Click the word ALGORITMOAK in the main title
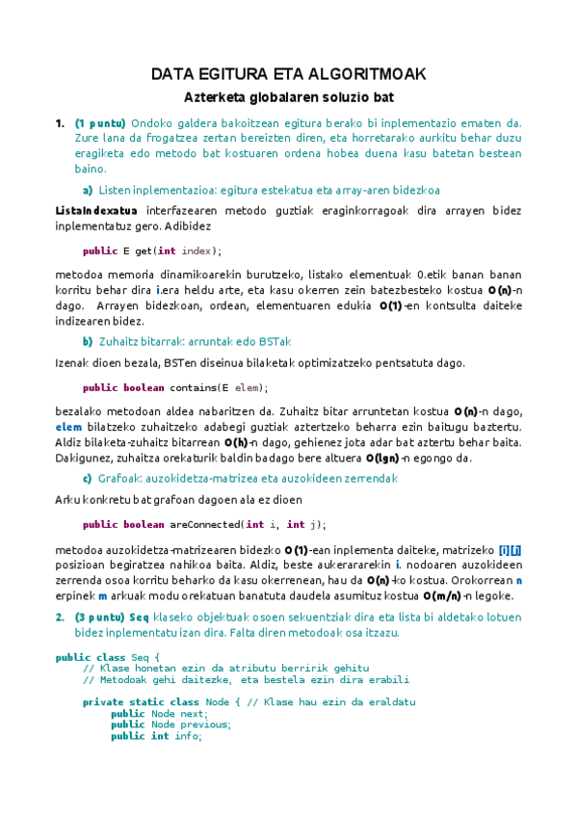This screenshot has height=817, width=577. [x=370, y=74]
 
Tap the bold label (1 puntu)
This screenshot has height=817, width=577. [x=100, y=123]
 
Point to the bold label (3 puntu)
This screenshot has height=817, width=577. [x=100, y=617]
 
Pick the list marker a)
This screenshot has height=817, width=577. [x=88, y=190]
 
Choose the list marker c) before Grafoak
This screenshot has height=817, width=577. [x=88, y=479]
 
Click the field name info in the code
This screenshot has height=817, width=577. [x=185, y=736]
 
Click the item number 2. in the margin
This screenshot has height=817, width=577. [x=60, y=617]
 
